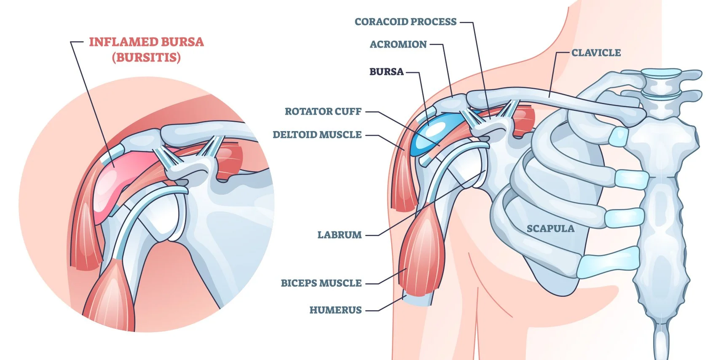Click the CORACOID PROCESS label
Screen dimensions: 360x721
405,22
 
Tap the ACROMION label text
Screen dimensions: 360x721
398,45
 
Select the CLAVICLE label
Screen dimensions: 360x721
596,53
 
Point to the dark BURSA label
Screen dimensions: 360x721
386,72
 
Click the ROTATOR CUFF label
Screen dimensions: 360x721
323,112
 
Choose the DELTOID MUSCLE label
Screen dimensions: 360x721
317,135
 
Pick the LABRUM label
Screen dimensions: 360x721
339,235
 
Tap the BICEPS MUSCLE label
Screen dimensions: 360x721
321,283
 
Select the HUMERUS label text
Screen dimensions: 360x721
335,310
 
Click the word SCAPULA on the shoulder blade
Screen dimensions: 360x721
550,229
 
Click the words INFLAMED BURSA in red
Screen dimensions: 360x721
146,42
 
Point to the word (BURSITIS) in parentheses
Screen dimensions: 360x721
146,58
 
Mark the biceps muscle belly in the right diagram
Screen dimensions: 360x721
421,253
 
